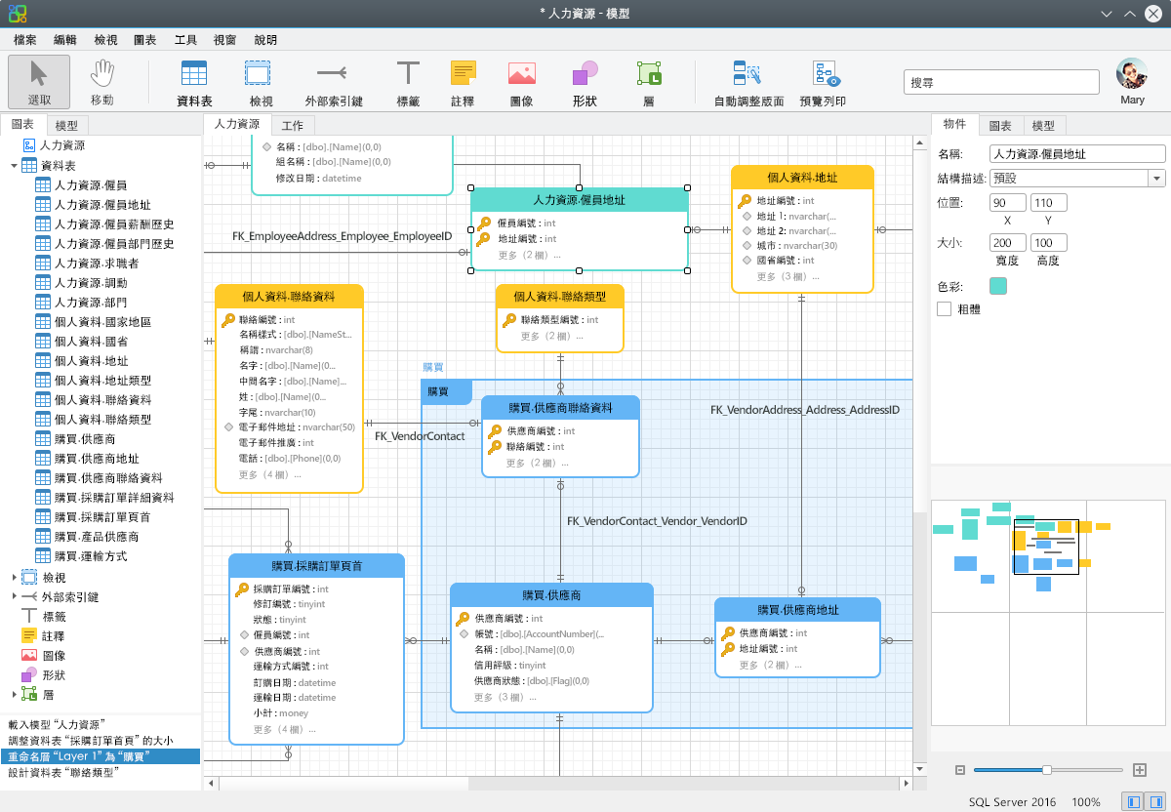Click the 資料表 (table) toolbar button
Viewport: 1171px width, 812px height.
tap(194, 83)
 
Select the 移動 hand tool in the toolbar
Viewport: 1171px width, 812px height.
tap(101, 83)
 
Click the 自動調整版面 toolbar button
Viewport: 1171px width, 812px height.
tap(748, 83)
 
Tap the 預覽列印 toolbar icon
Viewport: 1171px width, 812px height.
tap(823, 83)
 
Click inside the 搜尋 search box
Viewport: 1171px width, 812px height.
tap(1000, 82)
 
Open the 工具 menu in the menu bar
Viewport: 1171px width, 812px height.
tap(185, 40)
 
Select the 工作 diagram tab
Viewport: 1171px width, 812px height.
tap(292, 126)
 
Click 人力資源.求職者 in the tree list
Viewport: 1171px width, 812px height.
tap(97, 263)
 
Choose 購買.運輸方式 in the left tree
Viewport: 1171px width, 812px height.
tap(91, 555)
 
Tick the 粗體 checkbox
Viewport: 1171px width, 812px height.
tap(944, 309)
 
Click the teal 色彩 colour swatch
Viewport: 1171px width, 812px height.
tap(997, 286)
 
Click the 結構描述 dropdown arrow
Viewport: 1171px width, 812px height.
tap(1156, 179)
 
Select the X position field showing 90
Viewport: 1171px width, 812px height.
tap(1007, 203)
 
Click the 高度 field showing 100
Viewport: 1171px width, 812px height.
tap(1048, 243)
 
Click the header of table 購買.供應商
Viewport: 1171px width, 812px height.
tap(551, 595)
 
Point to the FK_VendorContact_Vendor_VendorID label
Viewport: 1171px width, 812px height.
tap(657, 521)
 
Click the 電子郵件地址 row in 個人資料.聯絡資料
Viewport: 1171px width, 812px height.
tap(291, 427)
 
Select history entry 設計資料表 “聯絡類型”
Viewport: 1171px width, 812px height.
tap(63, 772)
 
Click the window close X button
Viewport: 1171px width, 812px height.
tap(1152, 14)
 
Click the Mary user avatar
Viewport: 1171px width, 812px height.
tap(1132, 74)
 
